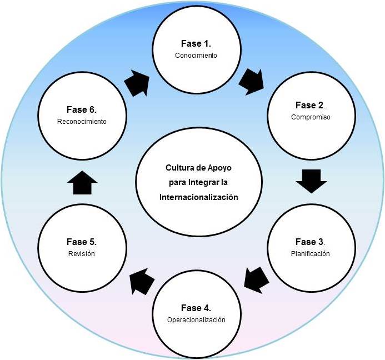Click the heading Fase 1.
pos(196,43)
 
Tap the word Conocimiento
pos(196,56)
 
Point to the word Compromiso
pos(310,117)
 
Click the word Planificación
pos(310,254)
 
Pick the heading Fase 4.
pos(196,307)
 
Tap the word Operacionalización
pos(196,319)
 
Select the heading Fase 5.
pos(82,242)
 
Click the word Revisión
pos(82,254)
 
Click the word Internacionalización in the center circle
pos(198,197)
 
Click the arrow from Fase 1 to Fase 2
pos(252,81)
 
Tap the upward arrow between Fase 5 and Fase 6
pos(82,183)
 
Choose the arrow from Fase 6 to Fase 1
pos(136,83)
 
